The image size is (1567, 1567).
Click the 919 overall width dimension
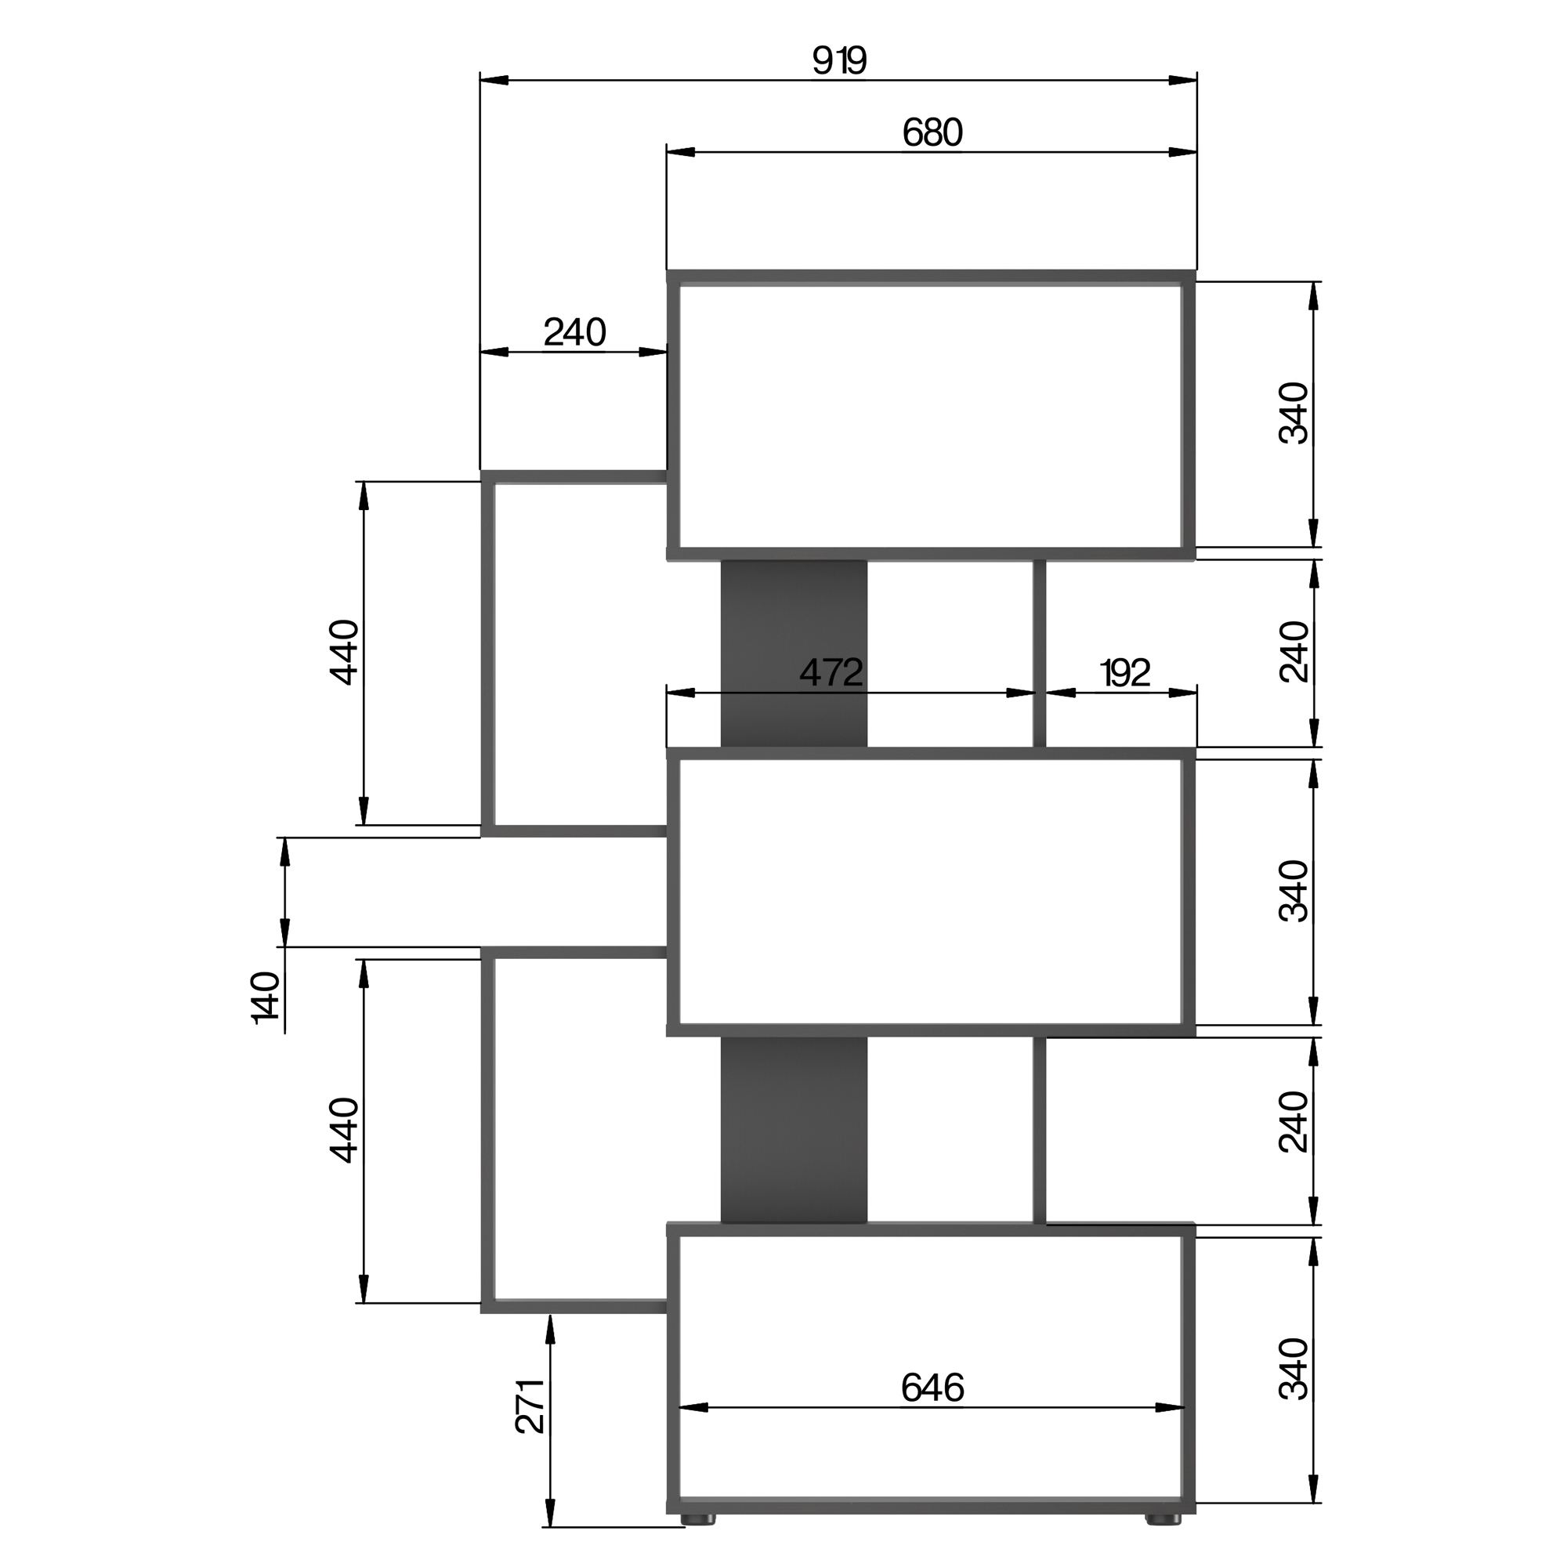click(x=839, y=61)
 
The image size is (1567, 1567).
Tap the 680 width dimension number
click(x=932, y=133)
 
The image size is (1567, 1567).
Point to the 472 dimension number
click(x=831, y=672)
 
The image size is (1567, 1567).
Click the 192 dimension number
click(x=1125, y=673)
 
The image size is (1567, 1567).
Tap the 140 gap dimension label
click(x=266, y=997)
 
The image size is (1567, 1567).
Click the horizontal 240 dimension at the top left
click(x=574, y=332)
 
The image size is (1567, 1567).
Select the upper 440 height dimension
click(x=344, y=653)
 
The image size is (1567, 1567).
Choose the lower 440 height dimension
click(x=344, y=1131)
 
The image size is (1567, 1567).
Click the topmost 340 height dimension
click(x=1294, y=413)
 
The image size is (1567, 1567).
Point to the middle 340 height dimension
click(x=1294, y=892)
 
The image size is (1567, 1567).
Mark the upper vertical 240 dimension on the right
click(x=1294, y=652)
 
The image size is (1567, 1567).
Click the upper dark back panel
click(x=794, y=653)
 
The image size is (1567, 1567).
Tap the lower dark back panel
click(x=794, y=1131)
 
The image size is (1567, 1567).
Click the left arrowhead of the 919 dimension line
click(x=493, y=80)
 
